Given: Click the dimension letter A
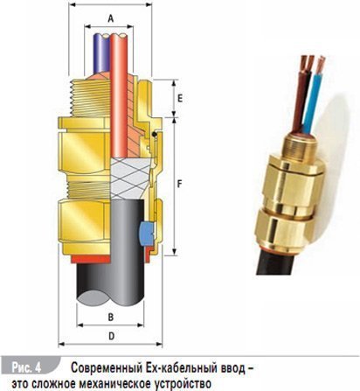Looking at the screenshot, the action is (111, 18).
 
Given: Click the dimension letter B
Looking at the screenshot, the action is (111, 317).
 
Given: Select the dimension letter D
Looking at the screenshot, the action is (111, 336).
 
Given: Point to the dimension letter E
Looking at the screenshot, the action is (180, 98).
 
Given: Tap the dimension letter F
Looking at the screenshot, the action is (180, 184).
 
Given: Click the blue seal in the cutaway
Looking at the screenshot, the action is (147, 233).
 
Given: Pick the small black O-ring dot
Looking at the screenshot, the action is (155, 135).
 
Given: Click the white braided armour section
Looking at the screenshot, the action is (131, 178).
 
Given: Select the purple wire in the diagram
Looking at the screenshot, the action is (101, 53).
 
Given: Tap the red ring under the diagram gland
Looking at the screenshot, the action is (90, 259).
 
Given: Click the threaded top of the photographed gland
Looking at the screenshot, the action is (300, 148).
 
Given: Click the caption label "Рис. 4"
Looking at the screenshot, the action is (26, 367).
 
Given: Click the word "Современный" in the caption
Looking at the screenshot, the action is (106, 368).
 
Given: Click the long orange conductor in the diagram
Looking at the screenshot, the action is (119, 96).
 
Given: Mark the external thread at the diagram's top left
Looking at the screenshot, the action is (87, 98).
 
